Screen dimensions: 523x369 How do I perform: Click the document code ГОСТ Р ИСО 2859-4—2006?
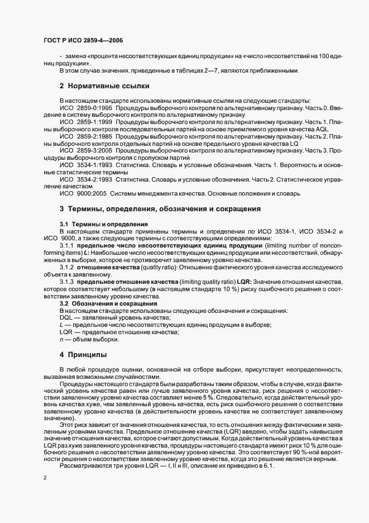83,40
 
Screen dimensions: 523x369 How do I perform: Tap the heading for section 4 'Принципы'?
84,355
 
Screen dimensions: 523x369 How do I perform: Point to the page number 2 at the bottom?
45,478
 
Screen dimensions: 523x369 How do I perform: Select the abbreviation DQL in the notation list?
67,317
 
